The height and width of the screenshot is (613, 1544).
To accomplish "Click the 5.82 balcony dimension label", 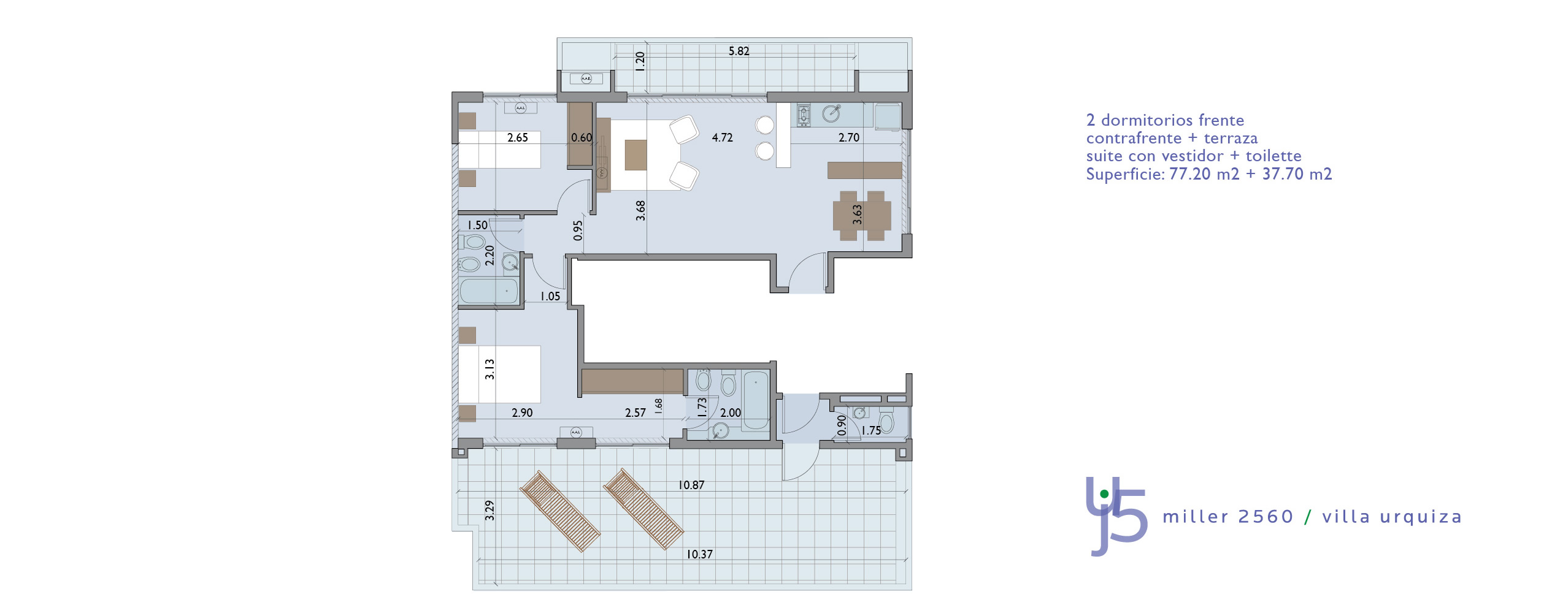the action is coord(739,51).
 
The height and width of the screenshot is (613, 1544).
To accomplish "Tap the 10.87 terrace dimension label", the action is coord(691,485).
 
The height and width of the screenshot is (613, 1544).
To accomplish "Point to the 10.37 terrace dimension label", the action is coord(699,555).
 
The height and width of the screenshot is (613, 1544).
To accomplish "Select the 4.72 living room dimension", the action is coord(722,138).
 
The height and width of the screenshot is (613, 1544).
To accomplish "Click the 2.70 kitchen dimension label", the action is coord(848,138).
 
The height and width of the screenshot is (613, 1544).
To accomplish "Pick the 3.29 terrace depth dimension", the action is coord(490,511).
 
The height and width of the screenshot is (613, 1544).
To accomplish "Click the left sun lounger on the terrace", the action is coord(559,511).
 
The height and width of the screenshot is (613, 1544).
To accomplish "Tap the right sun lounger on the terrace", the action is coord(643,509).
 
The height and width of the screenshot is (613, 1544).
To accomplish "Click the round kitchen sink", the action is coord(831,113).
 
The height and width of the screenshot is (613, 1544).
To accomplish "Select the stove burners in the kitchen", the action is coord(803,115).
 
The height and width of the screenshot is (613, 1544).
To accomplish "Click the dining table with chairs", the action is coord(862,216).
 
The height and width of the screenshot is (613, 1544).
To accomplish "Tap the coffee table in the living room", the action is coord(636,155).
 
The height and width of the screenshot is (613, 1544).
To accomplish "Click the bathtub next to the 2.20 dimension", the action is coord(489,291).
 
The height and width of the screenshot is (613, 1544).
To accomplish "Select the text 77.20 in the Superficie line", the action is coord(1189,174).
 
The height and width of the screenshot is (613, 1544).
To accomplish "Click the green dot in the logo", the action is coord(1104,494).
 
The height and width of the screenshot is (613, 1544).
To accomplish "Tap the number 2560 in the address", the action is coord(1266,517).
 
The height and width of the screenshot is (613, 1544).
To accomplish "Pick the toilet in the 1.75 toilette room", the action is coord(886,424).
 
